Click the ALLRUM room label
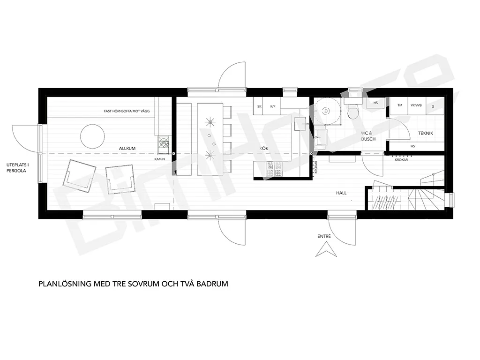(127, 148)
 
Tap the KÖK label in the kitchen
(263, 148)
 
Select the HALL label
(341, 193)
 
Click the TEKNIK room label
(426, 133)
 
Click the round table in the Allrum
(92, 136)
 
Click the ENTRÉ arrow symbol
(326, 249)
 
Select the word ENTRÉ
(324, 236)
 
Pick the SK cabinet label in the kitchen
(260, 106)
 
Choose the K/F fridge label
(273, 106)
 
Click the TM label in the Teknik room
(400, 105)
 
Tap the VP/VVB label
(416, 105)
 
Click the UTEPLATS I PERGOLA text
(17, 168)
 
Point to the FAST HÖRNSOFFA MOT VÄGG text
(127, 111)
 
